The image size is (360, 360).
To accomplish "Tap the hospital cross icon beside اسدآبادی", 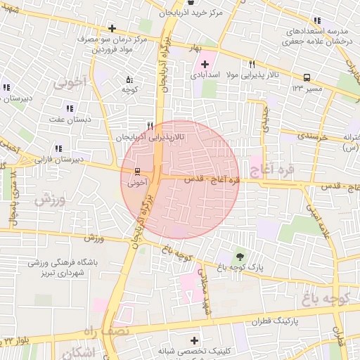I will pos(205,64).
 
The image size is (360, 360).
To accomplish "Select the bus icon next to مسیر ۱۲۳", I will pos(307,78).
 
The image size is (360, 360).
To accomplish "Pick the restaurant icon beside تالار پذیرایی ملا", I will pos(252,64).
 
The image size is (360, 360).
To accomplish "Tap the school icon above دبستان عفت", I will pos(69,108).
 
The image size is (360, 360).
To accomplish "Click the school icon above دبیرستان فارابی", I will pos(58,148).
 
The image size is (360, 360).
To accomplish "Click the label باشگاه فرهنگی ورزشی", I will pos(63,263).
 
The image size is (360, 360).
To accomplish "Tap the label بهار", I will pos(208,47).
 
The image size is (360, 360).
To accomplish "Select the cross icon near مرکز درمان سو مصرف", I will pos(111,29).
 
